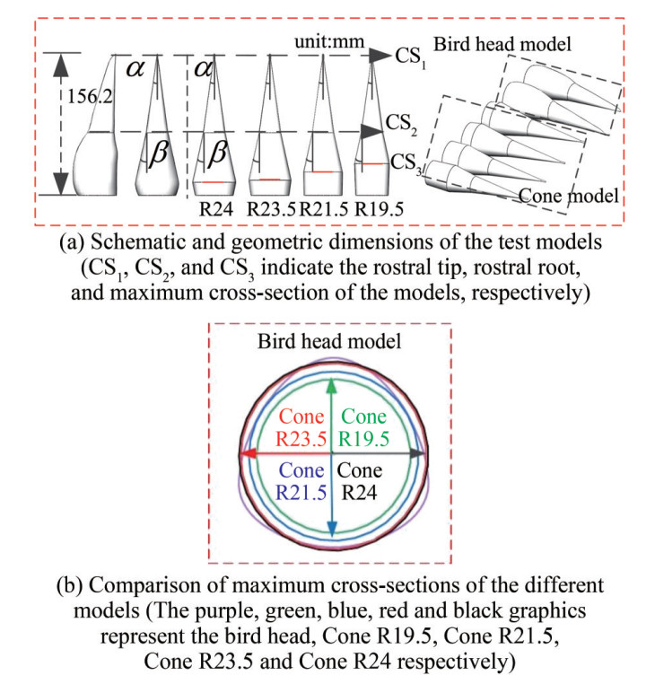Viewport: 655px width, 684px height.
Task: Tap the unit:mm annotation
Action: pos(340,43)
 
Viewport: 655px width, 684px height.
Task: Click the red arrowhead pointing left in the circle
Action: pos(250,455)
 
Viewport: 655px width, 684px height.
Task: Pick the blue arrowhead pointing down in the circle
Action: pos(333,530)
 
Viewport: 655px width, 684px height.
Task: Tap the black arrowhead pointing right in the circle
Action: pos(415,455)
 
